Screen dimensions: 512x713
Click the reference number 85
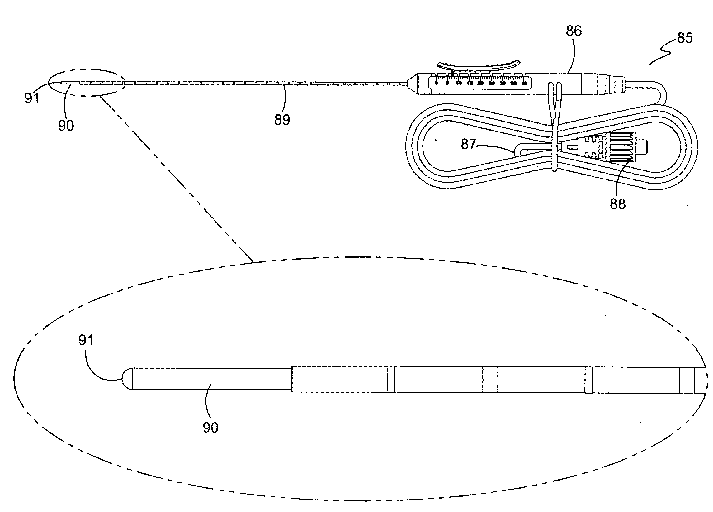685,38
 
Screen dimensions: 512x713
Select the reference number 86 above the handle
574,31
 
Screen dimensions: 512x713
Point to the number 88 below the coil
618,204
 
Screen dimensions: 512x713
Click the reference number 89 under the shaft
282,120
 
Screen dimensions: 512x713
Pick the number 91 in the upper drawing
32,98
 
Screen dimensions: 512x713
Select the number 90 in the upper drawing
66,125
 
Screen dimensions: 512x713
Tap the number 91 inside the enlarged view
86,340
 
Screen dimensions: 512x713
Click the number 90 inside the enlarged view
210,428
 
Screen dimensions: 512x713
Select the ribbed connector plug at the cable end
619,148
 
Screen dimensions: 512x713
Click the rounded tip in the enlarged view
127,379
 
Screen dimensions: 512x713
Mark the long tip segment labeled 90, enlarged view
210,379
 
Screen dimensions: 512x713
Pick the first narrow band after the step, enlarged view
390,379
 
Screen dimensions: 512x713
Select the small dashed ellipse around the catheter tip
87,83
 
